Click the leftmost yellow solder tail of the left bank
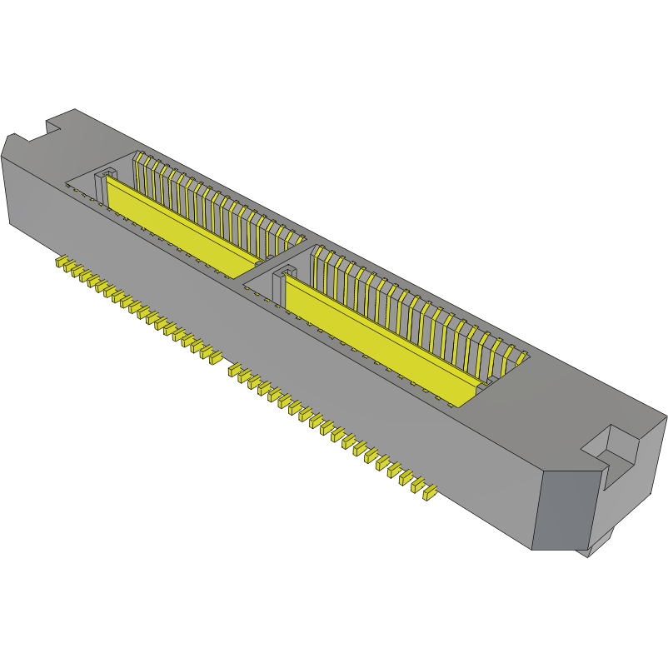coord(61,263)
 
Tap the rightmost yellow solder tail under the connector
coord(430,494)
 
